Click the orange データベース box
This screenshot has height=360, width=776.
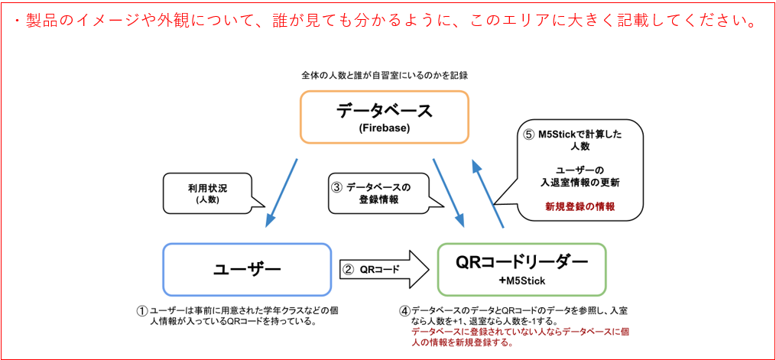point(384,116)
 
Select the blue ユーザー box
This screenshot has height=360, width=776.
point(247,269)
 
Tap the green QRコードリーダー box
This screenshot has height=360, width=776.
point(521,269)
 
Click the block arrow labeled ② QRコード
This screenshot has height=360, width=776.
point(382,269)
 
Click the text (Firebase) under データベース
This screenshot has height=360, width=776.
point(384,128)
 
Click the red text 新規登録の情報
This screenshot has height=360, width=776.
point(580,206)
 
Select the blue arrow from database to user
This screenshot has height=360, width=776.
point(281,192)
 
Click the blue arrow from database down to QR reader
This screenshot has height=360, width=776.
point(450,191)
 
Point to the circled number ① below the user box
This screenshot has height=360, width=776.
point(141,311)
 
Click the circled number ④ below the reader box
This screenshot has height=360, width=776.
point(404,311)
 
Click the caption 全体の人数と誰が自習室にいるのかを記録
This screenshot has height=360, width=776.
point(384,76)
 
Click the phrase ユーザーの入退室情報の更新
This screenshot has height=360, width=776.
point(580,176)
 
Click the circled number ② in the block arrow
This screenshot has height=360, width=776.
point(348,269)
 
